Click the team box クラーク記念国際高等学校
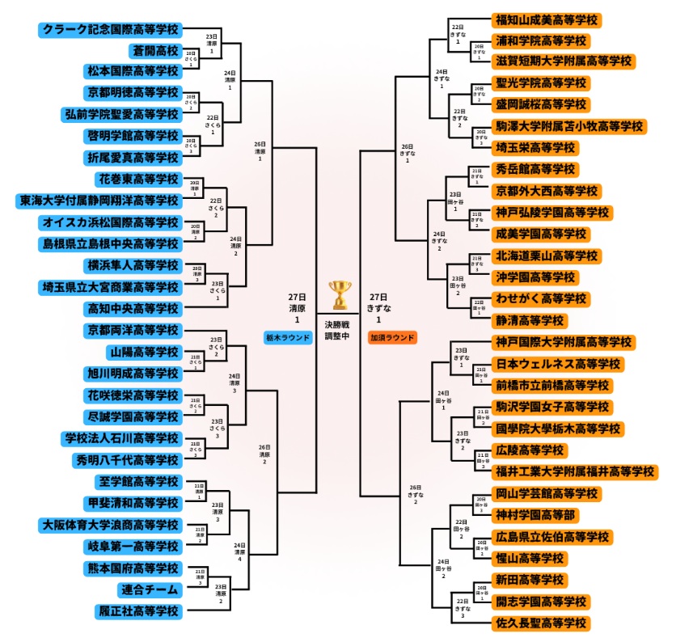pos(111,29)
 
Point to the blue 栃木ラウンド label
pos(289,337)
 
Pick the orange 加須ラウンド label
pos(392,337)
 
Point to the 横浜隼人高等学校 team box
pos(134,265)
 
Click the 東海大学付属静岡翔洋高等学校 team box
pos(99,201)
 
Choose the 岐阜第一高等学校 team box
pos(134,546)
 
